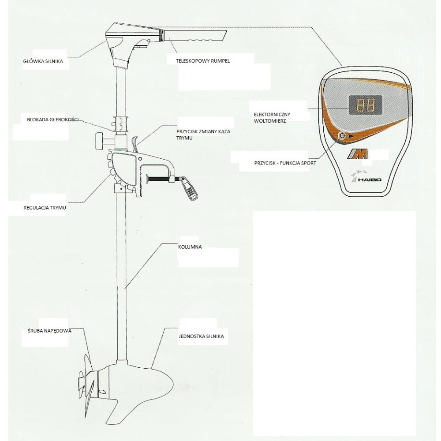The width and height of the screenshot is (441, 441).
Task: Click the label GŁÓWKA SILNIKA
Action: pos(43,61)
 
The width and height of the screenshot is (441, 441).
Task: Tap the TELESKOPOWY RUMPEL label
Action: pos(203,61)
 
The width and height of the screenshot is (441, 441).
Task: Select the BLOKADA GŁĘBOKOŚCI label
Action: pos(53,120)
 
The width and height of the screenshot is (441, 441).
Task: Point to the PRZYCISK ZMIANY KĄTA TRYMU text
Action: pos(203,135)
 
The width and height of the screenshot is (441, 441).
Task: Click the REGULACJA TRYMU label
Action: pos(45,208)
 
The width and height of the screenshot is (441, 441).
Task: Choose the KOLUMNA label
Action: pos(190,247)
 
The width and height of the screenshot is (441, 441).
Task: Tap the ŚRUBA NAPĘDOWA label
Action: pos(50,331)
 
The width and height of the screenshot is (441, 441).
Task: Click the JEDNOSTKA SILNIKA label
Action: pos(202,336)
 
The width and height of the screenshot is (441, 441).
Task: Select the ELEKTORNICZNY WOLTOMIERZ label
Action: pos(272,118)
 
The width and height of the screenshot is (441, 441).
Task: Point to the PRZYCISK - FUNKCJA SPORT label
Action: pos(285,163)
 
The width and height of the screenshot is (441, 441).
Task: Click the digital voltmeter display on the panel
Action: pos(366,105)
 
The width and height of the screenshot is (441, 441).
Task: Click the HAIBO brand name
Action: pos(369,179)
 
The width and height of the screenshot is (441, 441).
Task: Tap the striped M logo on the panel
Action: pos(357,155)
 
